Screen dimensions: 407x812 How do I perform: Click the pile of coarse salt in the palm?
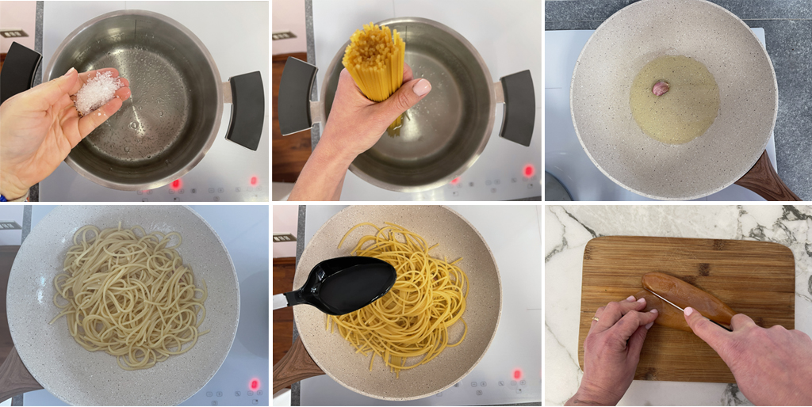[97, 92]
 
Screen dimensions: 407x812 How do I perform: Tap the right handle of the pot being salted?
[246, 109]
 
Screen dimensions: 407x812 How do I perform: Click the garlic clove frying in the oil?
[661, 88]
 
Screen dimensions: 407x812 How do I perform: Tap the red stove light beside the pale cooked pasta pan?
[254, 384]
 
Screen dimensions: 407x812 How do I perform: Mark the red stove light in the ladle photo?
[517, 374]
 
